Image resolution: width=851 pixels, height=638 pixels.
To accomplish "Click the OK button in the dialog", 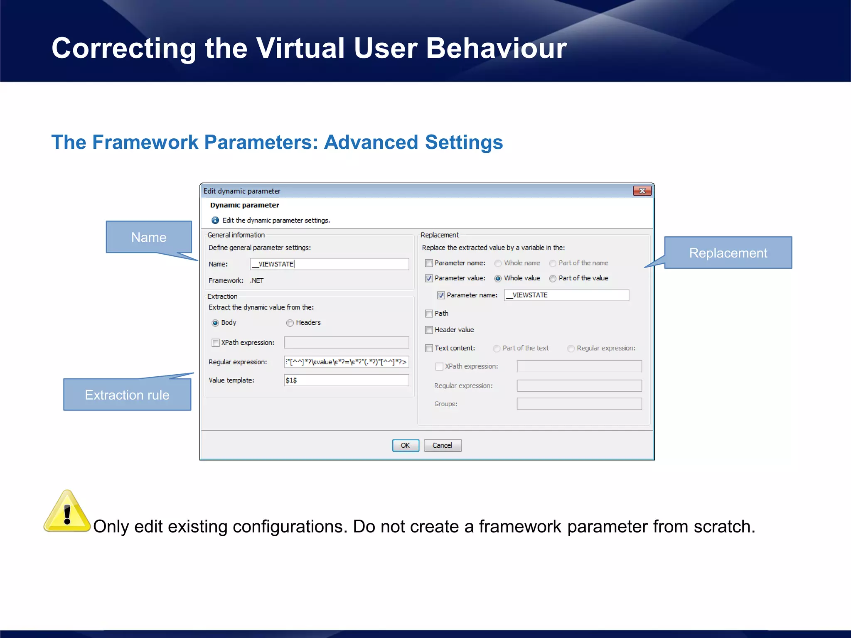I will pyautogui.click(x=405, y=445).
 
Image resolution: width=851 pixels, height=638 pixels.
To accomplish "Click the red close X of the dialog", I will pyautogui.click(x=642, y=191).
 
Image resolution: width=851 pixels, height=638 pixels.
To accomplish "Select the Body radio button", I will pyautogui.click(x=215, y=323).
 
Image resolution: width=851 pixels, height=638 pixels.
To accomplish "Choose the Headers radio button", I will pyautogui.click(x=290, y=323).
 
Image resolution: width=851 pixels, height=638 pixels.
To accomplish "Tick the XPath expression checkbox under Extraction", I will pyautogui.click(x=216, y=343).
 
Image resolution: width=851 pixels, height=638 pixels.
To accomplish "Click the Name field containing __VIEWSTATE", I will pyautogui.click(x=329, y=264).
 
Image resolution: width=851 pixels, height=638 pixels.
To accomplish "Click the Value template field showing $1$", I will pyautogui.click(x=346, y=380).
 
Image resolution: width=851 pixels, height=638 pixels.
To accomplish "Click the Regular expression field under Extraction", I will pyautogui.click(x=346, y=362).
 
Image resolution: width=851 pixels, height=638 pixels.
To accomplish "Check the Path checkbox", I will pyautogui.click(x=429, y=314).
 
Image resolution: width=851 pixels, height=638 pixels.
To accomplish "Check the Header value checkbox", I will pyautogui.click(x=429, y=330).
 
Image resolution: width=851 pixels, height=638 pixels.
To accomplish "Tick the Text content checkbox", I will pyautogui.click(x=429, y=348).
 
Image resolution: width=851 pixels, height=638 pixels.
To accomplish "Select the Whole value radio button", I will pyautogui.click(x=498, y=278).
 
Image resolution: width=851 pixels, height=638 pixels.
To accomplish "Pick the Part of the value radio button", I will pyautogui.click(x=553, y=278).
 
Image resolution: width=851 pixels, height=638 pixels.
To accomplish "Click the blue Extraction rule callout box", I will pyautogui.click(x=127, y=395).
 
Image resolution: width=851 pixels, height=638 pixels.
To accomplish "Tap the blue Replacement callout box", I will pyautogui.click(x=728, y=253).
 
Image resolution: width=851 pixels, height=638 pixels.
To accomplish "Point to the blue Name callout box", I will pyautogui.click(x=149, y=237).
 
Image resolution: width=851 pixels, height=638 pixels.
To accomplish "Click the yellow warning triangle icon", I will pyautogui.click(x=67, y=513).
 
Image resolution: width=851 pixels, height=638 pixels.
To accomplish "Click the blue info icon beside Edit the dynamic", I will pyautogui.click(x=215, y=220).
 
